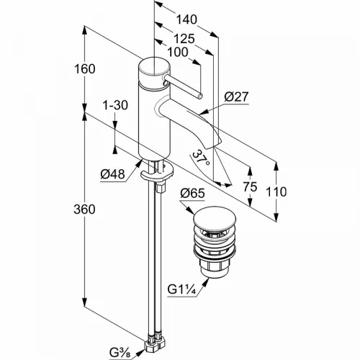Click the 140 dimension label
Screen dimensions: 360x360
point(186,19)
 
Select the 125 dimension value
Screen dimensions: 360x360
point(184,38)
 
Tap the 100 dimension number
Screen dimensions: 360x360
point(178,52)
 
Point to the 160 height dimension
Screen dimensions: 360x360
point(85,69)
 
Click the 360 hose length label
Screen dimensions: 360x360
point(84,210)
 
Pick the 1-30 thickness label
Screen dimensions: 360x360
point(115,105)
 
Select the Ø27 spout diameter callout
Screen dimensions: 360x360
point(236,97)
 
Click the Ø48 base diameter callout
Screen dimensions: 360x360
point(113,174)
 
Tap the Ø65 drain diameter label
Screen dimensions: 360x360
point(192,193)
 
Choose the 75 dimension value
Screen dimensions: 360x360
point(250,186)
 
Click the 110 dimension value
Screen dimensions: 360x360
point(276,192)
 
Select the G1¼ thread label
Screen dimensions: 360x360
point(182,289)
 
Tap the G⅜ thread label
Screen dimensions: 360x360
point(120,353)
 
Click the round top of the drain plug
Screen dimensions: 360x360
point(215,217)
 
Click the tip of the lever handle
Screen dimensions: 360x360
point(200,96)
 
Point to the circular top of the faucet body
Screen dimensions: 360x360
point(155,68)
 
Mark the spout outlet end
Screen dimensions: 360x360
point(214,145)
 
